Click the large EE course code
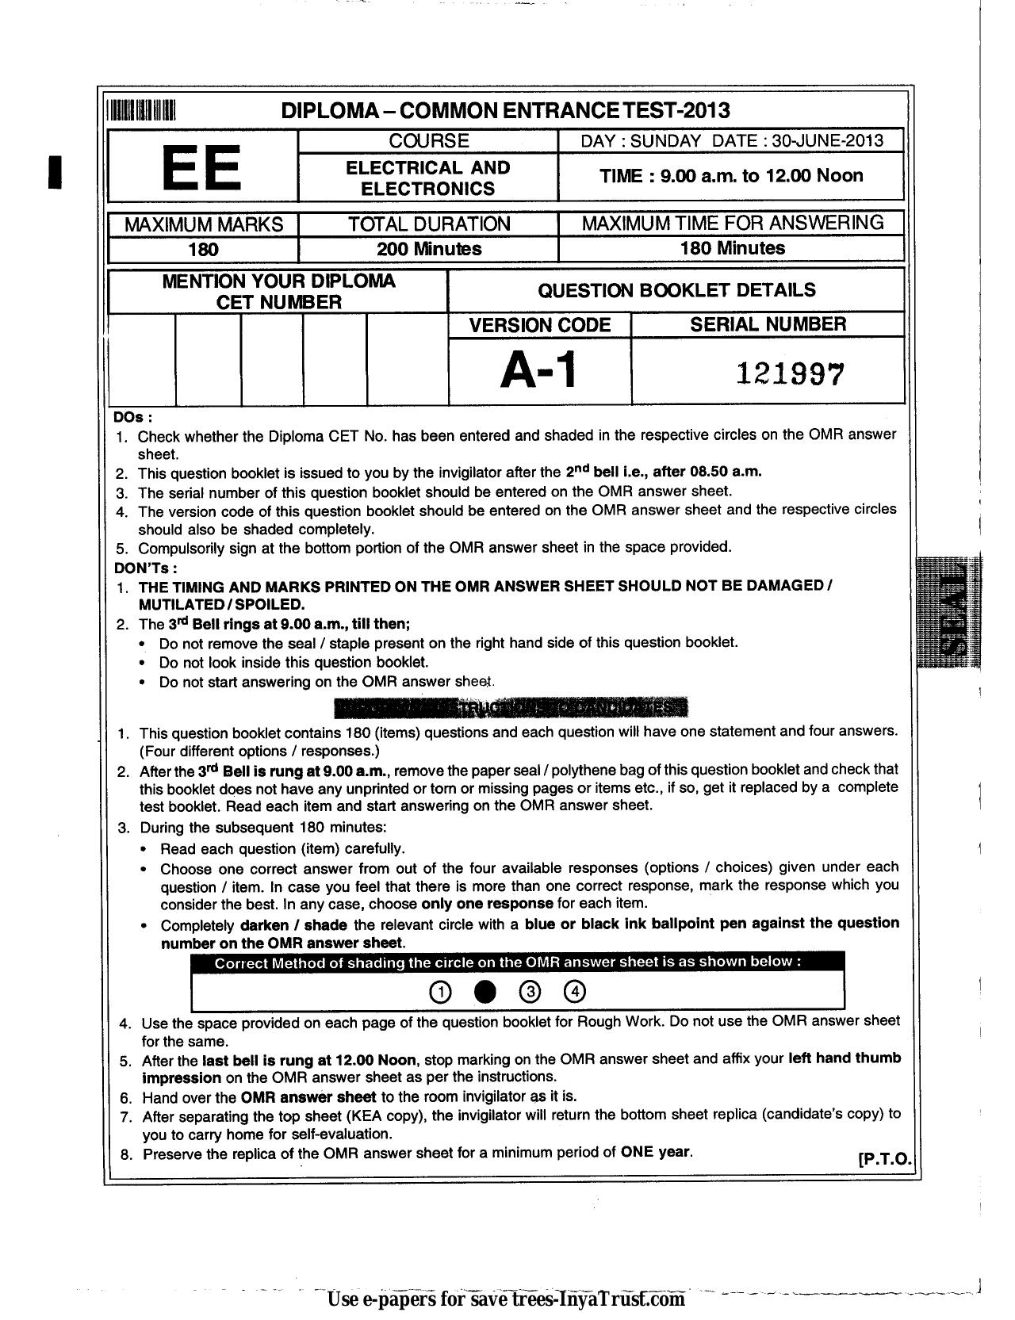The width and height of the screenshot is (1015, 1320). point(201,167)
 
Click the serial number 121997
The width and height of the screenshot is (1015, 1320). point(791,372)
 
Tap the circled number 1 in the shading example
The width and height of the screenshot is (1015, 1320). point(439,992)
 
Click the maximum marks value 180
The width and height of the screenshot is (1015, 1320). point(203,250)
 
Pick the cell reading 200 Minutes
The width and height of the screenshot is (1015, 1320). point(429,249)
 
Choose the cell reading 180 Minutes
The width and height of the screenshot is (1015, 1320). point(732,248)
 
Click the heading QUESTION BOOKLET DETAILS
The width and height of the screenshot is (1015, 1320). point(676,290)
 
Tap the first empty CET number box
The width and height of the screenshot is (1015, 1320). point(141,359)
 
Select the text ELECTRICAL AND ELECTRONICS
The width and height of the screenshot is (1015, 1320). point(428,178)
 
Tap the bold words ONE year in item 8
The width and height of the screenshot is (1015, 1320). point(656,1151)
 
